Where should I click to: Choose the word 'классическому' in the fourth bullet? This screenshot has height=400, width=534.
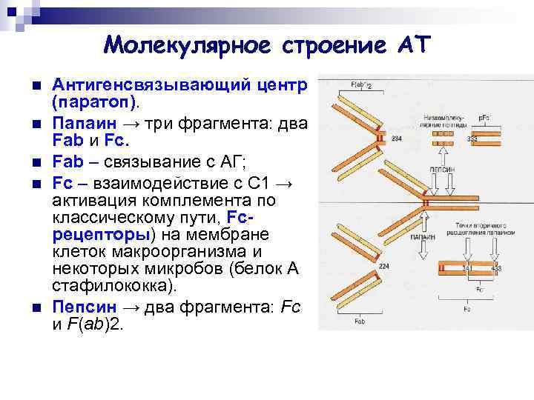111,218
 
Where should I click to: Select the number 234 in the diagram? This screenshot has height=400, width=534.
397,139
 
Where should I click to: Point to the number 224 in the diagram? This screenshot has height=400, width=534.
384,265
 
